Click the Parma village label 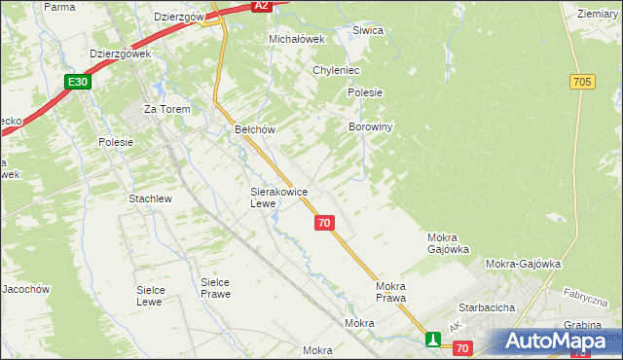pyautogui.click(x=59, y=7)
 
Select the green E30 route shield pyautogui.click(x=79, y=83)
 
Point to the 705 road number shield pyautogui.click(x=583, y=83)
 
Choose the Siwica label pyautogui.click(x=368, y=30)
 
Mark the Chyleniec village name pyautogui.click(x=337, y=71)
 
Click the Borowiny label pyautogui.click(x=370, y=127)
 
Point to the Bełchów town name pyautogui.click(x=256, y=129)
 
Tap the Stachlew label pyautogui.click(x=150, y=198)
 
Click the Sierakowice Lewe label pyautogui.click(x=278, y=198)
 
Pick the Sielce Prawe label pyautogui.click(x=215, y=288)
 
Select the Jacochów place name pyautogui.click(x=25, y=289)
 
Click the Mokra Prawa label pyautogui.click(x=390, y=292)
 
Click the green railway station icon pyautogui.click(x=432, y=340)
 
